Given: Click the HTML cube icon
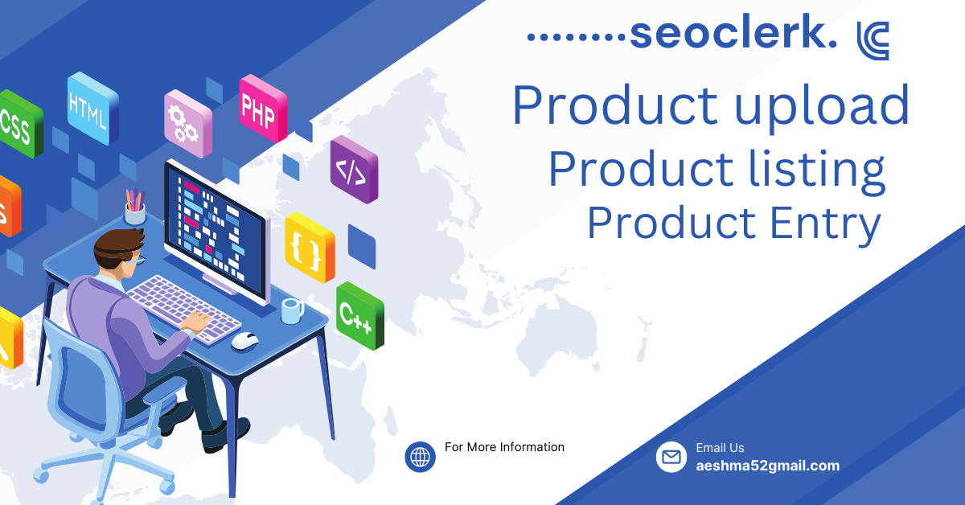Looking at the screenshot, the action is coord(92,108).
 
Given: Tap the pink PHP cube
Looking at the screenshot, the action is coord(263,108).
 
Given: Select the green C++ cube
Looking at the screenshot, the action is coord(360,315).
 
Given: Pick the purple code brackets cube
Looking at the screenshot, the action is coord(354,169).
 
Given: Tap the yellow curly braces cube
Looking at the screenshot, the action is coord(310,247).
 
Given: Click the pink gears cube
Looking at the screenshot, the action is coord(188,124).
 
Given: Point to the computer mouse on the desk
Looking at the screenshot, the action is coord(244,341).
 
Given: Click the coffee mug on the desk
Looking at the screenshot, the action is coord(293,310).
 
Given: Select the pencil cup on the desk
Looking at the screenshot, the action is coord(135,207).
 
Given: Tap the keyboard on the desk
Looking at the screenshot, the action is coord(184,310).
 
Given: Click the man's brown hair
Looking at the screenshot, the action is coord(117,246).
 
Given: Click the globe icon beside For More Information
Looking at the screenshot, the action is coord(420,457).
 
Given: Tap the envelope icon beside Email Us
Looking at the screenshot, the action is coord(671,457).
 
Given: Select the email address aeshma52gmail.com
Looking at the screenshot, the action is coord(768,466).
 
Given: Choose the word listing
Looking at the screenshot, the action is coord(817,170).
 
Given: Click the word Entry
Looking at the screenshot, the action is coord(825,224).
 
